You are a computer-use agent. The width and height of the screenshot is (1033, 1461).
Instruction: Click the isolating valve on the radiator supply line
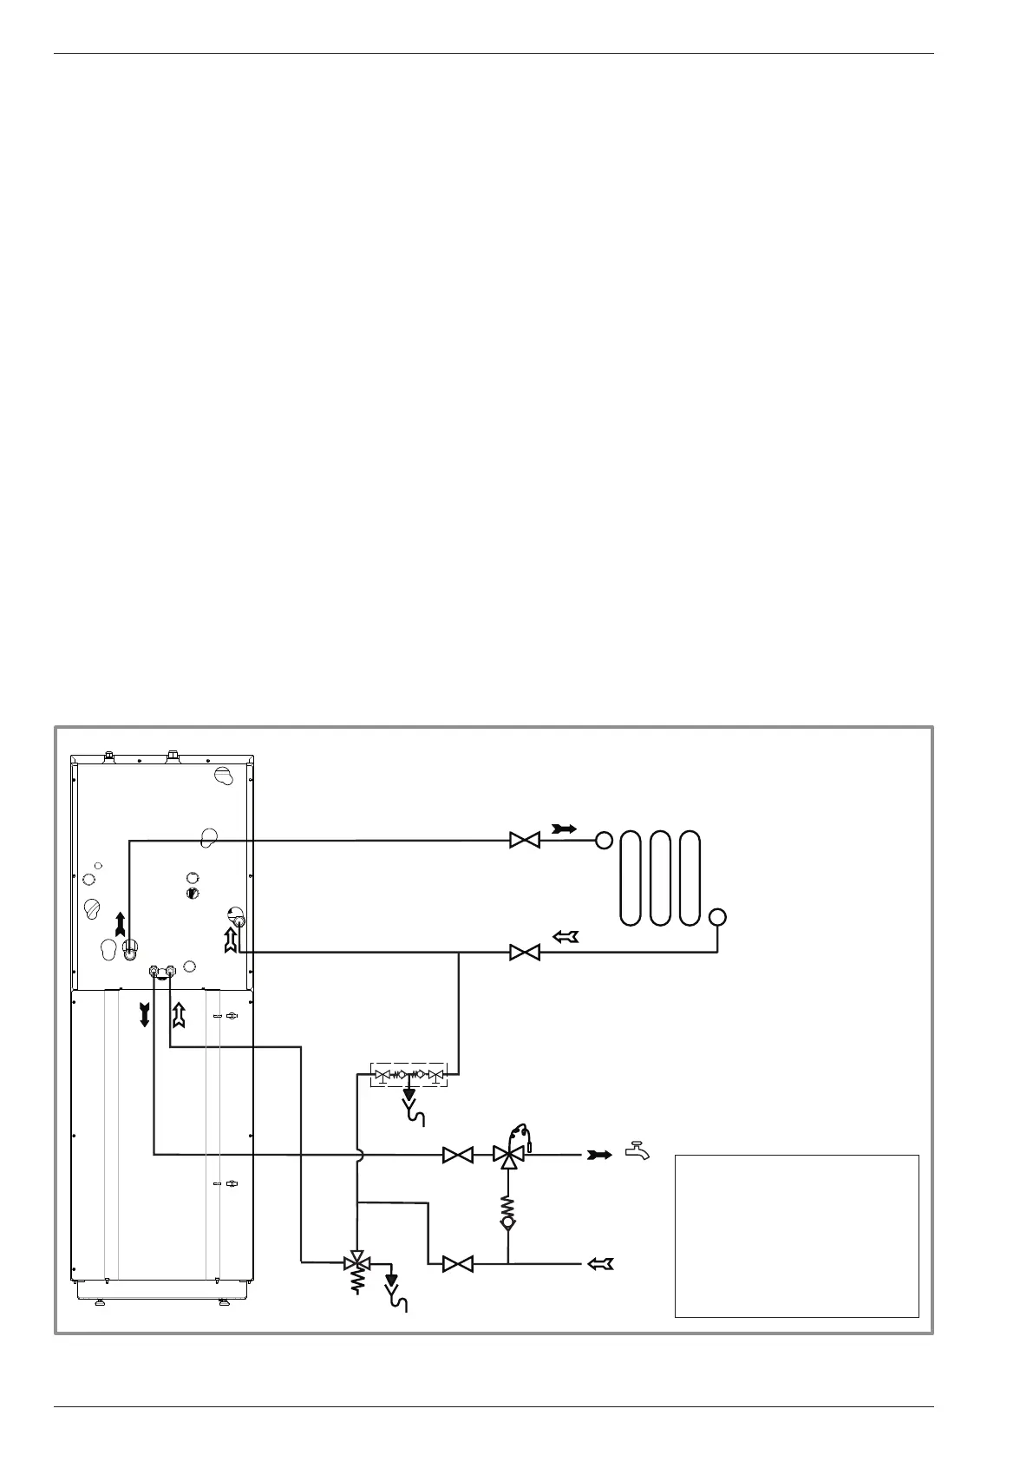pos(525,840)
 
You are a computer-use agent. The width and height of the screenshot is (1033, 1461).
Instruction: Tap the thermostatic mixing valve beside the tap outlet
pos(507,1154)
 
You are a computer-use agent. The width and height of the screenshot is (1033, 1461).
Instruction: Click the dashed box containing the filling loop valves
pos(408,1075)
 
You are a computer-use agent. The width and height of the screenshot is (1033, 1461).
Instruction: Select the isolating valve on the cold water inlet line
pos(457,1264)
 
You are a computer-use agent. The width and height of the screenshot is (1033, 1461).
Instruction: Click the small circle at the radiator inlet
pos(604,840)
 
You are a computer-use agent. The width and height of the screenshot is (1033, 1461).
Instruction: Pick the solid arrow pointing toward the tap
pos(599,1155)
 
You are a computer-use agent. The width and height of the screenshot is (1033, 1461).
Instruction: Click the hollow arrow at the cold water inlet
pos(600,1264)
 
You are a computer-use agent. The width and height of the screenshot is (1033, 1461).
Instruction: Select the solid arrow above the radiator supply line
pos(564,829)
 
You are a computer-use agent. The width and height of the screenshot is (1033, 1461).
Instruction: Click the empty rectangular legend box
pos(796,1235)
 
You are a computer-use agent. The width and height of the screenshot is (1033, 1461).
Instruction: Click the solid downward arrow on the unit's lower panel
pos(144,1013)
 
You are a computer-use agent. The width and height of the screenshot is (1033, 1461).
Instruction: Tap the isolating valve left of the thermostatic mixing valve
pos(457,1155)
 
